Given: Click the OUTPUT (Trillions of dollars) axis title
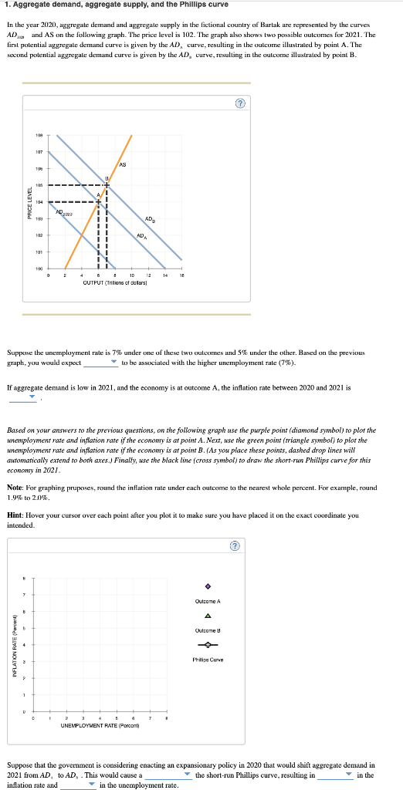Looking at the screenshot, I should pyautogui.click(x=115, y=283).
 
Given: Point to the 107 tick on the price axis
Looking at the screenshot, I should pyautogui.click(x=38, y=150).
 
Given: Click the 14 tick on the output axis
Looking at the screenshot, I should pyautogui.click(x=164, y=276).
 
